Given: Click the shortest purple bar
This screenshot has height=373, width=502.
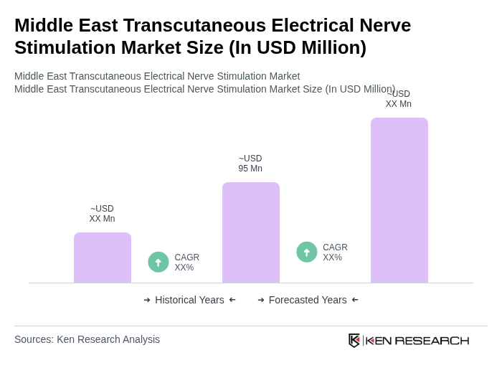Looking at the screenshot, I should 103,258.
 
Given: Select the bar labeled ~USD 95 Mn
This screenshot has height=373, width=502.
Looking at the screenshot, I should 251,232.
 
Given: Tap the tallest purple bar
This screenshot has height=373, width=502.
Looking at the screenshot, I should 399,200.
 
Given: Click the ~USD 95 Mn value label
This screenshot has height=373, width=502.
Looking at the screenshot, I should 250,164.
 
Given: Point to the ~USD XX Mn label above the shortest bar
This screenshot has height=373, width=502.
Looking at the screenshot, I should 102,214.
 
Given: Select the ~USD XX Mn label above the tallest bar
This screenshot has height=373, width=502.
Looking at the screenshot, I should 399,99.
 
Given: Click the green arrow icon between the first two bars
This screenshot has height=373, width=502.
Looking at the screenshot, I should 158,262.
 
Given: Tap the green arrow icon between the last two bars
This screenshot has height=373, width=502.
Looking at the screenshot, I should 307,252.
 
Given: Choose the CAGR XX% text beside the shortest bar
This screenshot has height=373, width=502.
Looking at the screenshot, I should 187,263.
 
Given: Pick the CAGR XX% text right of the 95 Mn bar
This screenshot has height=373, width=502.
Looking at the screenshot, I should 335,252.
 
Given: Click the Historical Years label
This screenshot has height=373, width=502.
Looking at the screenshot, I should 189,300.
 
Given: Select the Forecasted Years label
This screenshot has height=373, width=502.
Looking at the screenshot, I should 308,300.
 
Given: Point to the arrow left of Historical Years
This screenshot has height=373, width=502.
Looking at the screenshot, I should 147,300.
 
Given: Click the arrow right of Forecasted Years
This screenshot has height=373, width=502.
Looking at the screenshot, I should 355,300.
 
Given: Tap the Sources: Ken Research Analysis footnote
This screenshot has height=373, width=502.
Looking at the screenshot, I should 87,339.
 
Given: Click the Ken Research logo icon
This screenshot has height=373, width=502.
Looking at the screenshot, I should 354,340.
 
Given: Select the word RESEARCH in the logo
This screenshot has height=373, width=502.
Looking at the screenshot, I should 432,341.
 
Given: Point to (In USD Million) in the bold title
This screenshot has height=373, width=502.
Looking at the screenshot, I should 298,47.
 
